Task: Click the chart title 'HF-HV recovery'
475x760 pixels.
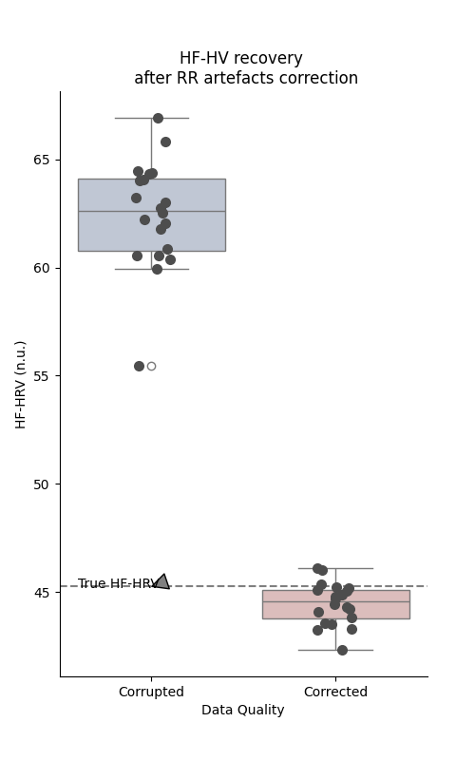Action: pos(241,59)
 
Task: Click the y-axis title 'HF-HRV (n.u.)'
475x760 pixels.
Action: pos(21,384)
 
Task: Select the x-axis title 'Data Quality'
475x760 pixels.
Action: pos(242,710)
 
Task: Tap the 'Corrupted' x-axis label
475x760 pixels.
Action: pos(151,692)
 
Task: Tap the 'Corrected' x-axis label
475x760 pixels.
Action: pos(335,692)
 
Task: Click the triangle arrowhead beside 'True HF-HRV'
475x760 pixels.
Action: pos(162,581)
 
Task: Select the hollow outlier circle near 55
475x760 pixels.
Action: pos(151,366)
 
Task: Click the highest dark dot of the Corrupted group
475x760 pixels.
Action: pos(158,118)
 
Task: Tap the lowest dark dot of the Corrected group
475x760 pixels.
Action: pos(342,650)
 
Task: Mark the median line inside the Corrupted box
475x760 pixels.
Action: pos(151,211)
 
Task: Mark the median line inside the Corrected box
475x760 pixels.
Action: pos(335,601)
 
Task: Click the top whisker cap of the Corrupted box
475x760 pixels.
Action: pos(151,118)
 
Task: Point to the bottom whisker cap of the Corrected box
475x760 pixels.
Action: pos(335,650)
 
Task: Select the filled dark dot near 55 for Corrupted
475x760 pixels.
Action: pos(139,366)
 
